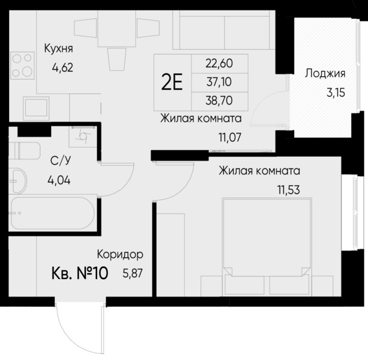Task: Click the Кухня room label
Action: tap(58, 48)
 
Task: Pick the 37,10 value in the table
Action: tap(219, 82)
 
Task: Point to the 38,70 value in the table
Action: tap(219, 101)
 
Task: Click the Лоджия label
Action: tap(325, 73)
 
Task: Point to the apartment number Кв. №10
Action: tap(80, 273)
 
